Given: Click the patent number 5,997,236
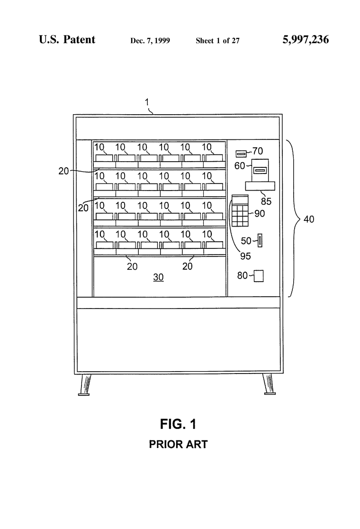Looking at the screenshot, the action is [306, 40].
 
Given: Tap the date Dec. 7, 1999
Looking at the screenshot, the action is [150, 41].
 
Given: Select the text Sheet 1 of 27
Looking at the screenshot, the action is [217, 41].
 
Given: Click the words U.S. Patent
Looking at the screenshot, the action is [67, 39].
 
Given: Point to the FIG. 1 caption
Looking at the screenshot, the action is [178, 424].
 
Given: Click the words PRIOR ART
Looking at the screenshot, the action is [178, 444].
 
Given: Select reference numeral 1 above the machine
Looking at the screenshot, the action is [147, 102].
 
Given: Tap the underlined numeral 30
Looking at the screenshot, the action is [158, 277].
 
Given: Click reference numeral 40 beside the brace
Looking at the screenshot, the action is [309, 219].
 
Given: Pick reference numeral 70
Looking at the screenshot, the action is [258, 151].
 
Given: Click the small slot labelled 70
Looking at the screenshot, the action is [241, 154].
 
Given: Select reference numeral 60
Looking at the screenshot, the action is [240, 165].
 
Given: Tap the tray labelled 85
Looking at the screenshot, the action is [260, 186].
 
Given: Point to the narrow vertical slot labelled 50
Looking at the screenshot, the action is [260, 240].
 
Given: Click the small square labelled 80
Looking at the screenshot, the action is [259, 275].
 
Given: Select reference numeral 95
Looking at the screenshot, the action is [245, 256].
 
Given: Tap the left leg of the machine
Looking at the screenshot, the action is [85, 384].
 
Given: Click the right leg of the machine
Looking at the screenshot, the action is [269, 384].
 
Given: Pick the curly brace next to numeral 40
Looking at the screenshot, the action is [294, 219].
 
